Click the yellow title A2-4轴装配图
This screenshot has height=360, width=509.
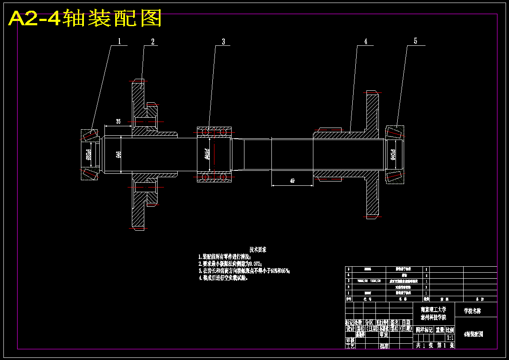(85, 19)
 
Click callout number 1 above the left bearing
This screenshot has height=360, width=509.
(120, 41)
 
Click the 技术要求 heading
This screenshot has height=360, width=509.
(258, 249)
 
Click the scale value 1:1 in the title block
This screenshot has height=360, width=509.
(450, 338)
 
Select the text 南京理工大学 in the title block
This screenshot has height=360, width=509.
(433, 309)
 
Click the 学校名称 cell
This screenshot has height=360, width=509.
(473, 311)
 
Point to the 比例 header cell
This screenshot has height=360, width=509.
(450, 330)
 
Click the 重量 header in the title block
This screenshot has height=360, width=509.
(440, 330)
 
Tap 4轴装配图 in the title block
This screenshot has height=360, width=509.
(473, 334)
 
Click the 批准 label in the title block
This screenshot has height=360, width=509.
(384, 346)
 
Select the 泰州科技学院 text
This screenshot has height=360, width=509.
(433, 318)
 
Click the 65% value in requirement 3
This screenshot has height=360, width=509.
(285, 271)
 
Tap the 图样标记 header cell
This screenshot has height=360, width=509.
(425, 330)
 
